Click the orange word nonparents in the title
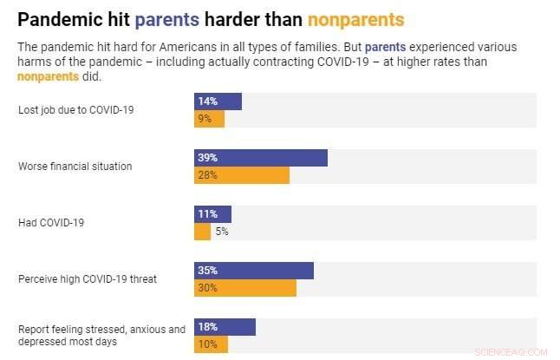pyautogui.click(x=355, y=19)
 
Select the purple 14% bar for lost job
pyautogui.click(x=218, y=101)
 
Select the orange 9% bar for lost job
pyautogui.click(x=209, y=119)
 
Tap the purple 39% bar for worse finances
pyautogui.click(x=260, y=158)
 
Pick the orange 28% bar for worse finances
pyautogui.click(x=241, y=175)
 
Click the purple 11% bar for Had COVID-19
pyautogui.click(x=212, y=214)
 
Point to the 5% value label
pyautogui.click(x=222, y=232)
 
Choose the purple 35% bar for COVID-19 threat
pyautogui.click(x=253, y=271)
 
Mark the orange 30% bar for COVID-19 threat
pyautogui.click(x=244, y=288)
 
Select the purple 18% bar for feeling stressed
pyautogui.click(x=225, y=327)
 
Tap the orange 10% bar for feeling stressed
pyautogui.click(x=211, y=344)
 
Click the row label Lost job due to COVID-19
pyautogui.click(x=75, y=110)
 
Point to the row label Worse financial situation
pyautogui.click(x=75, y=166)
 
